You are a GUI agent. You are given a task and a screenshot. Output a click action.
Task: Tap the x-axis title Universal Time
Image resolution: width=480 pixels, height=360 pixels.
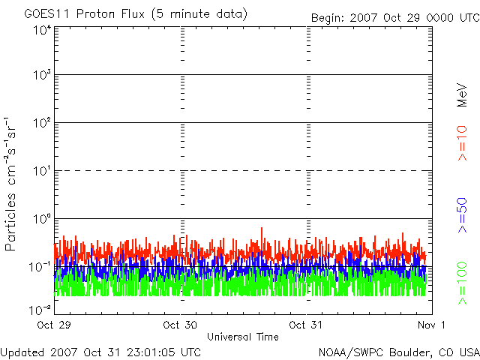(x=243, y=337)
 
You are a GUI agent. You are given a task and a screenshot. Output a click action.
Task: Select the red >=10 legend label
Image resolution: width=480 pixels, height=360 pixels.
(x=463, y=142)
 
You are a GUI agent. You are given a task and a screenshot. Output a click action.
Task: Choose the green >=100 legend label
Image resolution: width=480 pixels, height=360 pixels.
(x=463, y=283)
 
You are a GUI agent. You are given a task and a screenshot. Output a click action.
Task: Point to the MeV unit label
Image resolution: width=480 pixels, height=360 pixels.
(x=463, y=95)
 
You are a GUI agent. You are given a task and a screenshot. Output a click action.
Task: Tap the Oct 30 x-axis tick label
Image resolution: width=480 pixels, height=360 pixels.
(x=180, y=325)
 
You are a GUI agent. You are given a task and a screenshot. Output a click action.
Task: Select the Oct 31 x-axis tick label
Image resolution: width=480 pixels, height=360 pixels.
(x=306, y=325)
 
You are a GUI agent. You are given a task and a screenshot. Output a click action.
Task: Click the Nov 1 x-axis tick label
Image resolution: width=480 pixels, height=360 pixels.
(x=431, y=325)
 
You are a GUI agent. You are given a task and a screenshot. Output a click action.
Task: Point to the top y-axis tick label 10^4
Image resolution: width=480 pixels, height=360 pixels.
(x=41, y=29)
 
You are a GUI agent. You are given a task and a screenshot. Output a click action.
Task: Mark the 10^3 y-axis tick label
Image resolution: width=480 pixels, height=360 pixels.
(x=41, y=76)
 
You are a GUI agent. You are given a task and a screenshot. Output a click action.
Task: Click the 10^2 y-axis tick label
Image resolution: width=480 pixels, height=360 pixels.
(x=41, y=124)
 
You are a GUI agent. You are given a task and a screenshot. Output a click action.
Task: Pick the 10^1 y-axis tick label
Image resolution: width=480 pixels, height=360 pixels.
(x=41, y=171)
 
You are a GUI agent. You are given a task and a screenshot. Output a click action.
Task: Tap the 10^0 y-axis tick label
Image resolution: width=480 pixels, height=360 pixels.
(x=41, y=219)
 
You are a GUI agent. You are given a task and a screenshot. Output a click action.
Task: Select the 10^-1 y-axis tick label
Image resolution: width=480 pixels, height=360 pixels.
(x=40, y=266)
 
